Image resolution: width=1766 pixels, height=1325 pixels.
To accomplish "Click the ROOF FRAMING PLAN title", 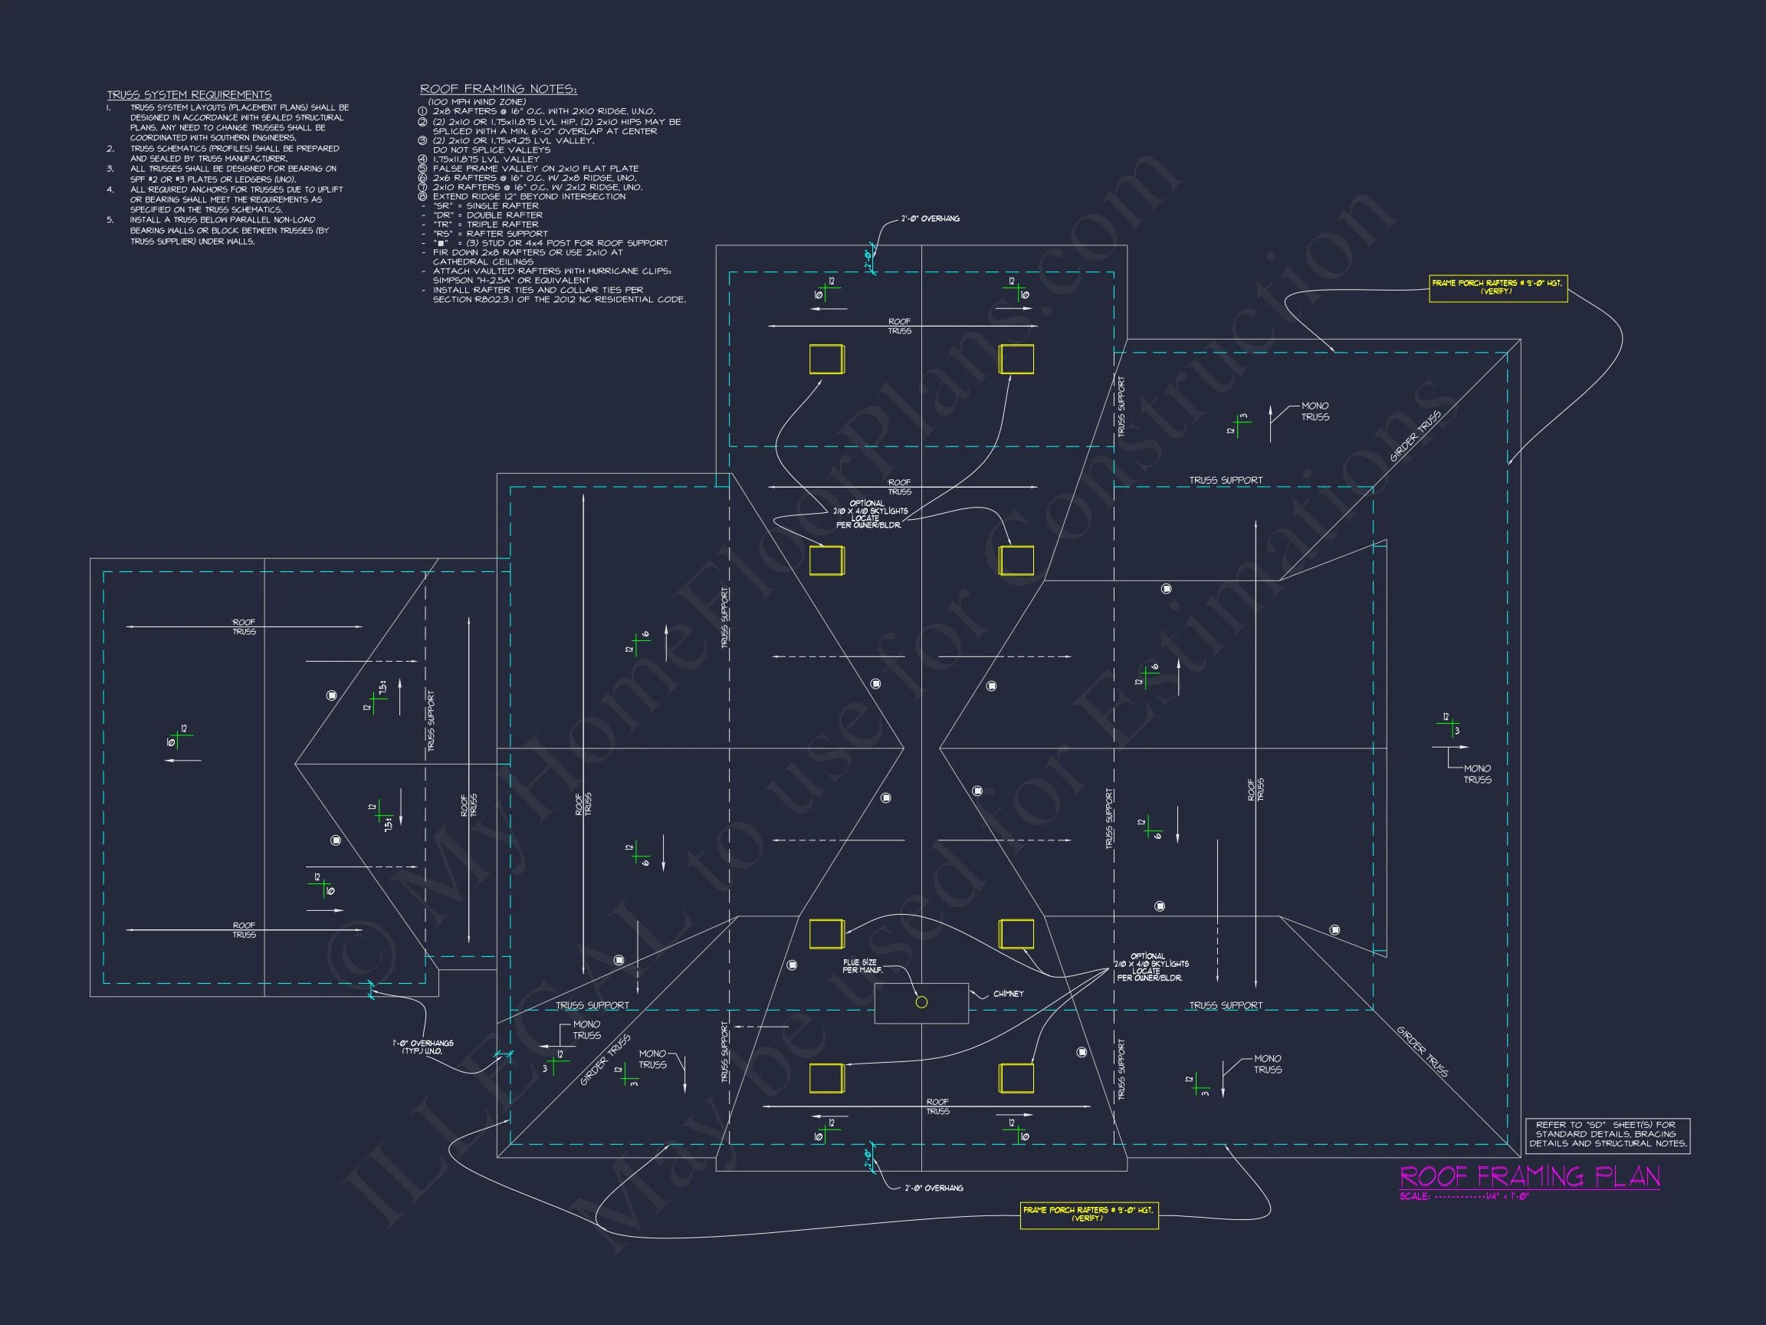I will click(x=1530, y=1176).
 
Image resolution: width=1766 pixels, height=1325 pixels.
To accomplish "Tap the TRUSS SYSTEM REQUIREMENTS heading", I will click(x=189, y=95).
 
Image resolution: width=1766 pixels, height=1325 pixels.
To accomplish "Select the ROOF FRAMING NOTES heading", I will click(x=498, y=90).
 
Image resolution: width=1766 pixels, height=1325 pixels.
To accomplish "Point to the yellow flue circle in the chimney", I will click(x=921, y=1002).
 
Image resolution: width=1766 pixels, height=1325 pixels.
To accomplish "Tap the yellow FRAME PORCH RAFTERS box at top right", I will click(x=1498, y=288).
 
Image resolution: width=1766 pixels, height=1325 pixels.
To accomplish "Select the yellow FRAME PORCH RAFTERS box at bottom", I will click(x=1088, y=1214).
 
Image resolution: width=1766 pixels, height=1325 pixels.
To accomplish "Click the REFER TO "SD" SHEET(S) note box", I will click(x=1608, y=1134).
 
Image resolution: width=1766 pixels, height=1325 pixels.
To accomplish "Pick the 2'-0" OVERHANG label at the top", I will click(x=930, y=219).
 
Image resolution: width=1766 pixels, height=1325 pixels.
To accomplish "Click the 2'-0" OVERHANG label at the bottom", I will click(x=934, y=1189).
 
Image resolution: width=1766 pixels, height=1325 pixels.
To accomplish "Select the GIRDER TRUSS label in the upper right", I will click(x=1416, y=436).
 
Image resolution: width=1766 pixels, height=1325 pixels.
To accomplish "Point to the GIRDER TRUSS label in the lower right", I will click(x=1422, y=1051).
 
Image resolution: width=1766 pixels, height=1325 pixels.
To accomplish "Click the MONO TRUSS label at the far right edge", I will click(x=1477, y=774).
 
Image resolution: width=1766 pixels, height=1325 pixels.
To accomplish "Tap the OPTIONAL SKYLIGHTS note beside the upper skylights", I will click(x=870, y=515).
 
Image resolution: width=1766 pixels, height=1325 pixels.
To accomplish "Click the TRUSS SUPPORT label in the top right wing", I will click(x=1226, y=481).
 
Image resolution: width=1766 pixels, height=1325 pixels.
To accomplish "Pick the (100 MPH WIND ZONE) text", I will click(x=477, y=102).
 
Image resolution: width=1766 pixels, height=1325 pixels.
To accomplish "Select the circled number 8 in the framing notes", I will click(x=422, y=196).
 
